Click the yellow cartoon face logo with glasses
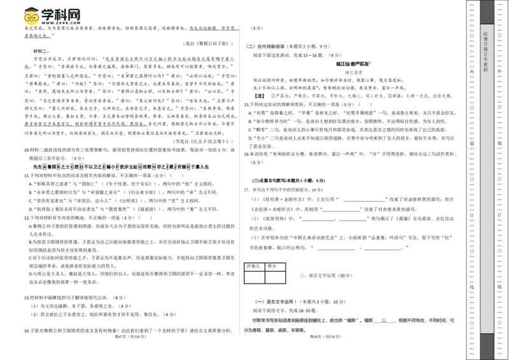[x=30, y=17]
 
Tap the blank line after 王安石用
[x=364, y=200]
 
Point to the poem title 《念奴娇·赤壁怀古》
[x=273, y=209]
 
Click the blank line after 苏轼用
[x=341, y=211]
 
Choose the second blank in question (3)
[x=384, y=250]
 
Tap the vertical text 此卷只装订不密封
[x=486, y=51]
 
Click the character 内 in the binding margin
[x=471, y=71]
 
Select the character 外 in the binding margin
[x=499, y=71]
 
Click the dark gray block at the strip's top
[x=486, y=10]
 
